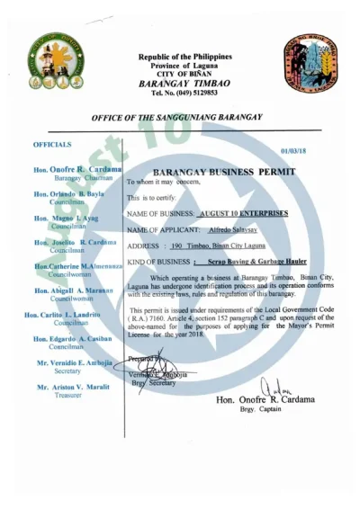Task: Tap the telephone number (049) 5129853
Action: pyautogui.click(x=184, y=93)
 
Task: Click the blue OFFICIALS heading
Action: pyautogui.click(x=52, y=144)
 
